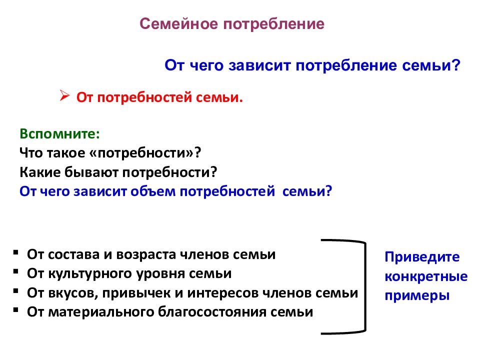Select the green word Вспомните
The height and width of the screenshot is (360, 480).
[x=59, y=134]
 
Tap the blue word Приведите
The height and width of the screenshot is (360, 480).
[x=422, y=257]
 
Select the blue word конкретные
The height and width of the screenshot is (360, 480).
[x=426, y=276]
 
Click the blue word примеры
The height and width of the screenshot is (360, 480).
[x=417, y=295]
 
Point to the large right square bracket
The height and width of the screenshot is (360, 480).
[x=365, y=286]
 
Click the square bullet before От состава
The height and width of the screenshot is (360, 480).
[x=16, y=252]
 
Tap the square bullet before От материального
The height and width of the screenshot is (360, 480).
[x=16, y=310]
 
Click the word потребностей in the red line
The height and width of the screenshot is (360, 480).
[x=145, y=97]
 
